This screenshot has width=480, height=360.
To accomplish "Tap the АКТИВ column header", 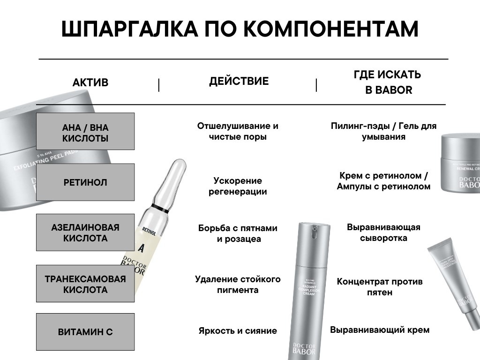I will click(x=90, y=82).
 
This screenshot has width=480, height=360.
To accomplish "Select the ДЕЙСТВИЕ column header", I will click(x=239, y=81).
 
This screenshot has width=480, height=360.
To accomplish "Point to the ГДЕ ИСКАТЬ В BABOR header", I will click(x=388, y=82).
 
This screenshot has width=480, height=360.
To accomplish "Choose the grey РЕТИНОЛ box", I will click(x=85, y=182).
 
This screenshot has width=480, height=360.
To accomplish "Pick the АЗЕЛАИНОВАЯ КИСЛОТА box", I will click(x=85, y=233).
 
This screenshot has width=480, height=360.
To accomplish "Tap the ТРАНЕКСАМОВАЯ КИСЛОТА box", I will click(x=85, y=284).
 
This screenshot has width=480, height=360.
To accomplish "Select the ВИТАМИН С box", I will click(x=85, y=332).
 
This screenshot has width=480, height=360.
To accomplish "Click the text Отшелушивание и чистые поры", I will click(x=238, y=131).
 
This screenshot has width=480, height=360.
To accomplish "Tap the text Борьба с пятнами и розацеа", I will click(x=239, y=233).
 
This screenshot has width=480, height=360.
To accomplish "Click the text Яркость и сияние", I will click(x=238, y=331).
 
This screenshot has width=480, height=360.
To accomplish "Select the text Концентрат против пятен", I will click(x=380, y=287).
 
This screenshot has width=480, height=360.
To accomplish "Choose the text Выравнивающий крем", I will click(x=380, y=330).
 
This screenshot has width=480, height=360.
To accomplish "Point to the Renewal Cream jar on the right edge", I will click(x=460, y=162).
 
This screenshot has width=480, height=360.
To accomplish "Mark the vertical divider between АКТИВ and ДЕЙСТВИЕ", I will click(x=159, y=85).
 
